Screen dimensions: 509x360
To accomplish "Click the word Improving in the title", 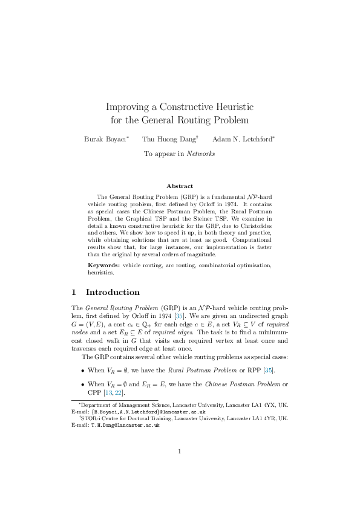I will (127, 107).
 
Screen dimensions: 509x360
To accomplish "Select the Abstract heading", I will (180, 186).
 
